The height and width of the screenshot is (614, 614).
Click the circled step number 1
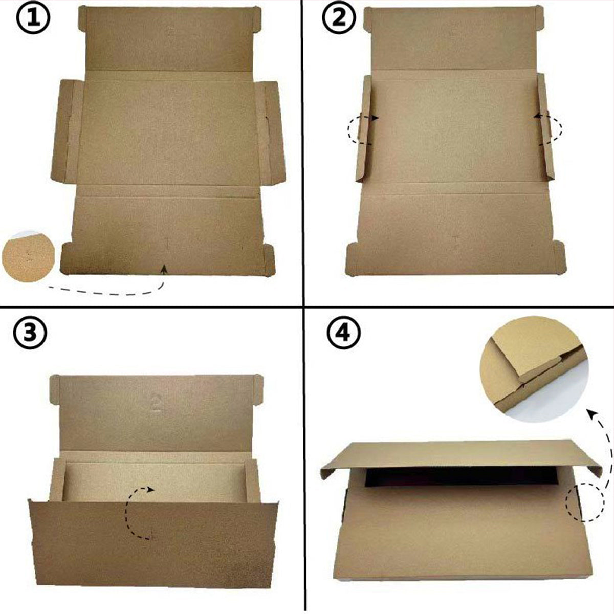34,20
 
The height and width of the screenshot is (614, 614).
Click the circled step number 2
339,19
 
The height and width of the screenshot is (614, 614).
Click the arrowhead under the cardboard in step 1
164,268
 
